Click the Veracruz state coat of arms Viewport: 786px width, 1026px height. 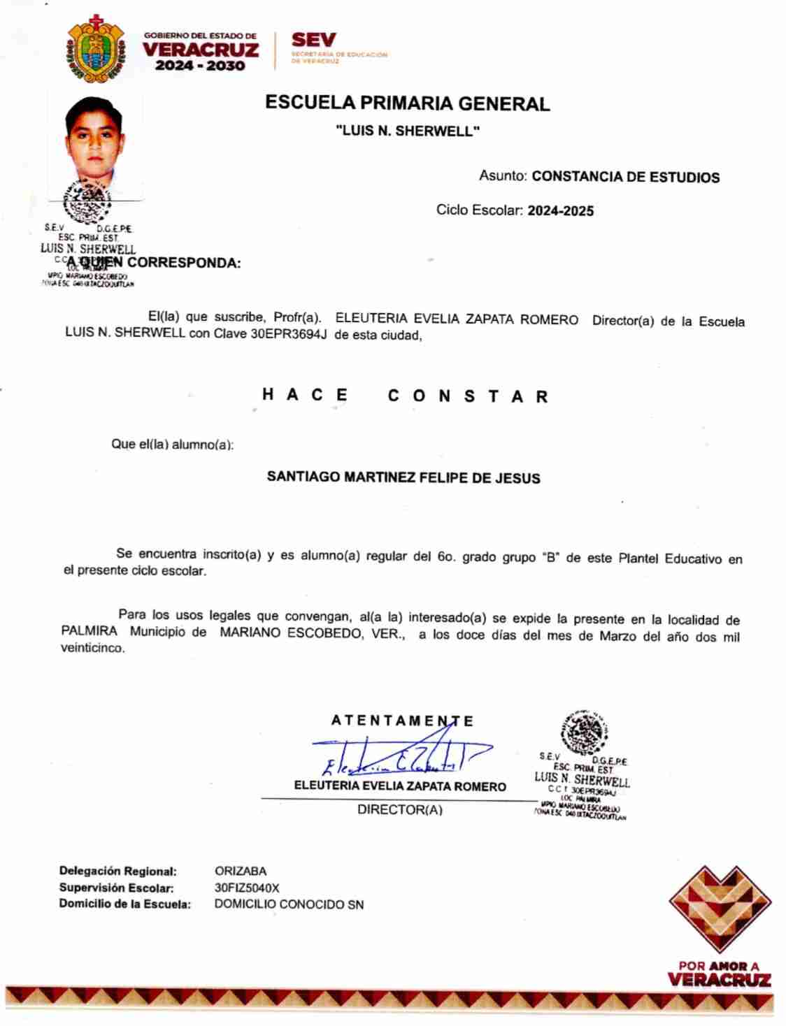(x=95, y=49)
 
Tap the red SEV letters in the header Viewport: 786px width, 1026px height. (x=314, y=41)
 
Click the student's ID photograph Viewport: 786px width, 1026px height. (x=94, y=143)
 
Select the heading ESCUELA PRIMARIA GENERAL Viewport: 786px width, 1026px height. (x=407, y=103)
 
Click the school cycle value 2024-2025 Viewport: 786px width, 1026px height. (x=560, y=210)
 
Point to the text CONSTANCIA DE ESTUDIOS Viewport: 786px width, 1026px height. (x=625, y=177)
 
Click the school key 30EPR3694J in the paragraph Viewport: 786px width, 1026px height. (x=289, y=334)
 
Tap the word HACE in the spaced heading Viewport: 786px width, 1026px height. (x=305, y=395)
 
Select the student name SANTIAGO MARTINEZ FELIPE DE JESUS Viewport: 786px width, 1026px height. (x=403, y=478)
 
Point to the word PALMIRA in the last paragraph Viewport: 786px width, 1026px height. (x=90, y=631)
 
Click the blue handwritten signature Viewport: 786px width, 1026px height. (x=399, y=753)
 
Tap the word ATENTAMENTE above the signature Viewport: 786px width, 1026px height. (x=402, y=721)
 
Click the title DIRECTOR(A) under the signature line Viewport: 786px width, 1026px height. (x=400, y=810)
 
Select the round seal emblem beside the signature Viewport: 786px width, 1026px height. (x=583, y=732)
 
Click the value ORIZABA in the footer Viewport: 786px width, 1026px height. (x=241, y=872)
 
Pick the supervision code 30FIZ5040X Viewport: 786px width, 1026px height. (x=247, y=888)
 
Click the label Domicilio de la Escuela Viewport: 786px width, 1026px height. (x=124, y=904)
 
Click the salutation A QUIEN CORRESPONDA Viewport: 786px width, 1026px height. (x=154, y=263)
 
